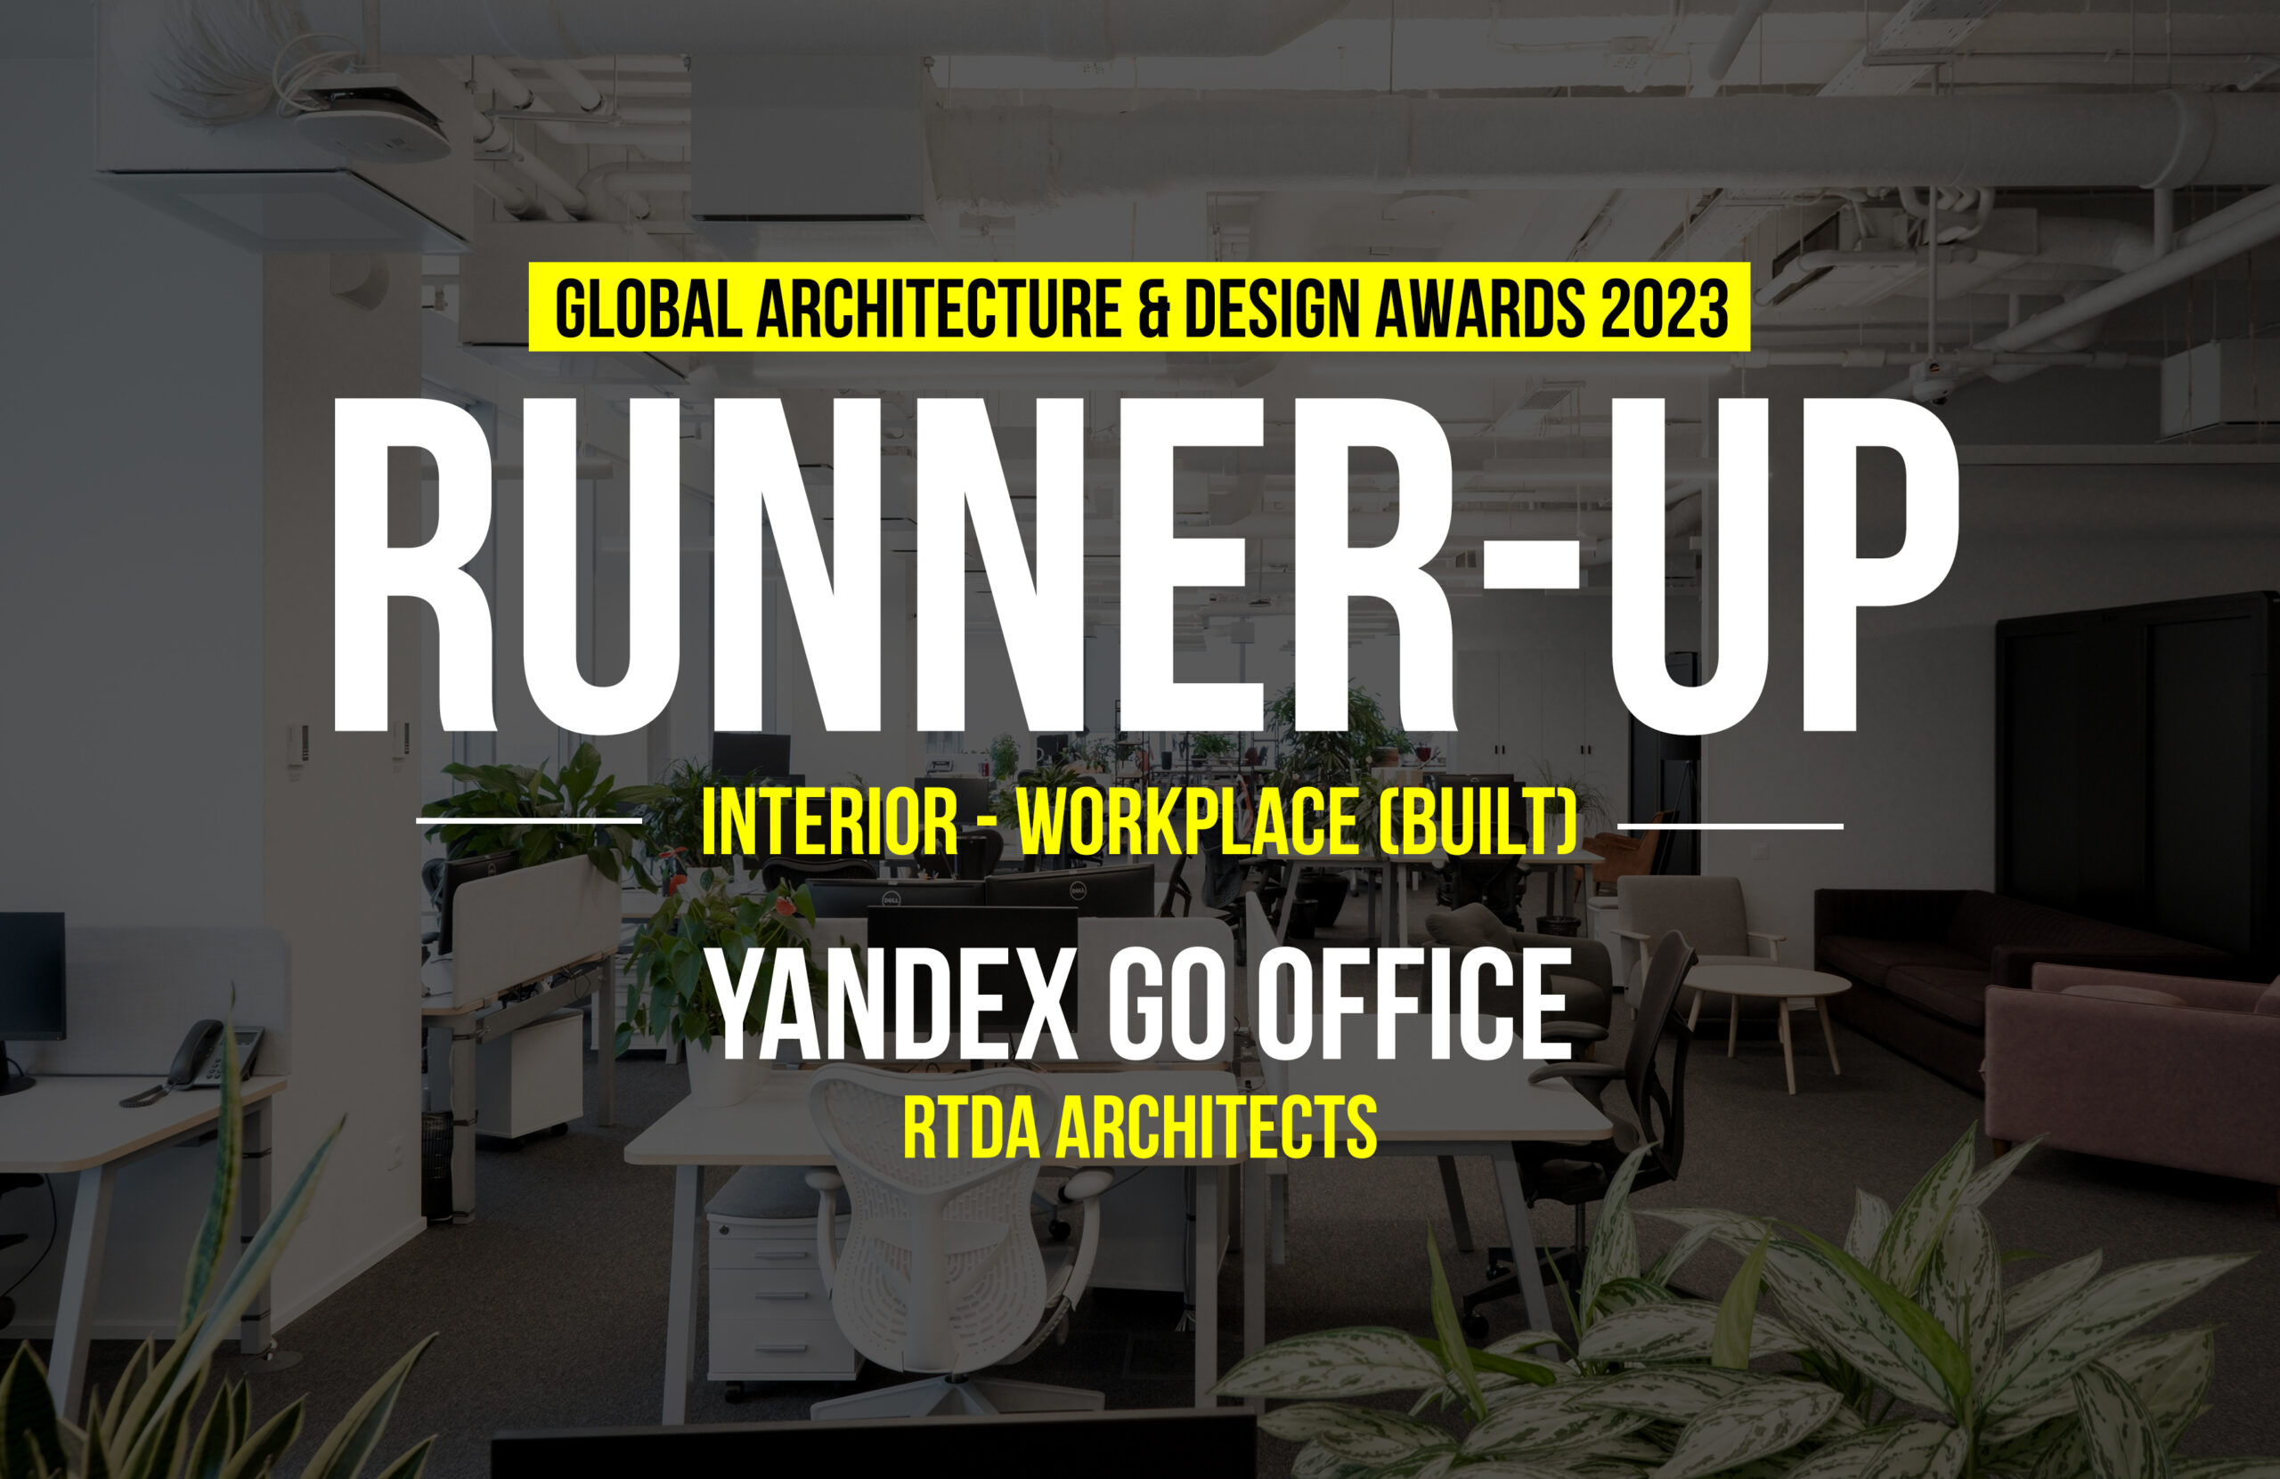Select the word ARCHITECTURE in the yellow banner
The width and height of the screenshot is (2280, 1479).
(x=938, y=307)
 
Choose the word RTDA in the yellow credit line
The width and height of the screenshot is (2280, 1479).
(x=971, y=1129)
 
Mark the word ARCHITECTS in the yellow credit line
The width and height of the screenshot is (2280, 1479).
(x=1217, y=1129)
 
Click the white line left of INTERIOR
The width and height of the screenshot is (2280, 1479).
(x=529, y=821)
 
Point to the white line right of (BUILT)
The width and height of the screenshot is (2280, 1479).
(x=1730, y=825)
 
